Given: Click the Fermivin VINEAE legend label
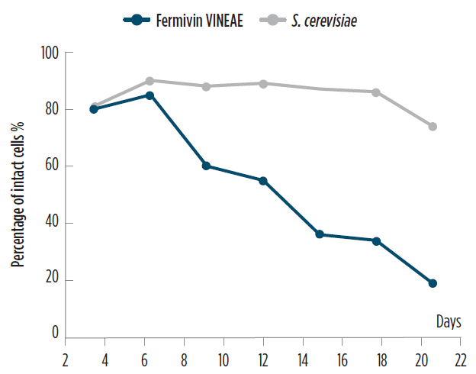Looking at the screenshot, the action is pyautogui.click(x=199, y=21).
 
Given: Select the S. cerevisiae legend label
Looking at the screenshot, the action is pyautogui.click(x=324, y=21).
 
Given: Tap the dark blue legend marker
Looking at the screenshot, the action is pyautogui.click(x=137, y=21).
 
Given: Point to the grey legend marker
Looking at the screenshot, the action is pyautogui.click(x=272, y=21).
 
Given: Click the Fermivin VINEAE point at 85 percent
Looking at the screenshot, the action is pyautogui.click(x=150, y=95).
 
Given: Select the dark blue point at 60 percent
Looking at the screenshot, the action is pyautogui.click(x=206, y=166).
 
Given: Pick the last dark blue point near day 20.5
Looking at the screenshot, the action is pyautogui.click(x=433, y=283).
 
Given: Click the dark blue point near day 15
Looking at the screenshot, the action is pyautogui.click(x=320, y=234).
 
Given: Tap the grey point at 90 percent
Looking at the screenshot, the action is pyautogui.click(x=150, y=81).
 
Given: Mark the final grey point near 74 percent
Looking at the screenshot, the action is pyautogui.click(x=433, y=127).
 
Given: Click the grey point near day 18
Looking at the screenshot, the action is pyautogui.click(x=376, y=92).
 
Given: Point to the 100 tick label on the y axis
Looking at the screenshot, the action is pyautogui.click(x=50, y=53).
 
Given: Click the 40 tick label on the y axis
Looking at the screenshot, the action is pyautogui.click(x=52, y=221).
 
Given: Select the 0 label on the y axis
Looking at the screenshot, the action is pyautogui.click(x=55, y=332).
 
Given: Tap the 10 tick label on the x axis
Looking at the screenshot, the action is pyautogui.click(x=224, y=360).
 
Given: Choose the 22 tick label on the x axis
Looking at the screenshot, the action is pyautogui.click(x=461, y=360).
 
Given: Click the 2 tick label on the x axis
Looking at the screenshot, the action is pyautogui.click(x=66, y=360).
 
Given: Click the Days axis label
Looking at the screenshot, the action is pyautogui.click(x=449, y=321).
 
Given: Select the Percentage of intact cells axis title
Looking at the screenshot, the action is pyautogui.click(x=18, y=195).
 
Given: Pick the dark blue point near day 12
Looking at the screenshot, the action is pyautogui.click(x=263, y=181).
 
